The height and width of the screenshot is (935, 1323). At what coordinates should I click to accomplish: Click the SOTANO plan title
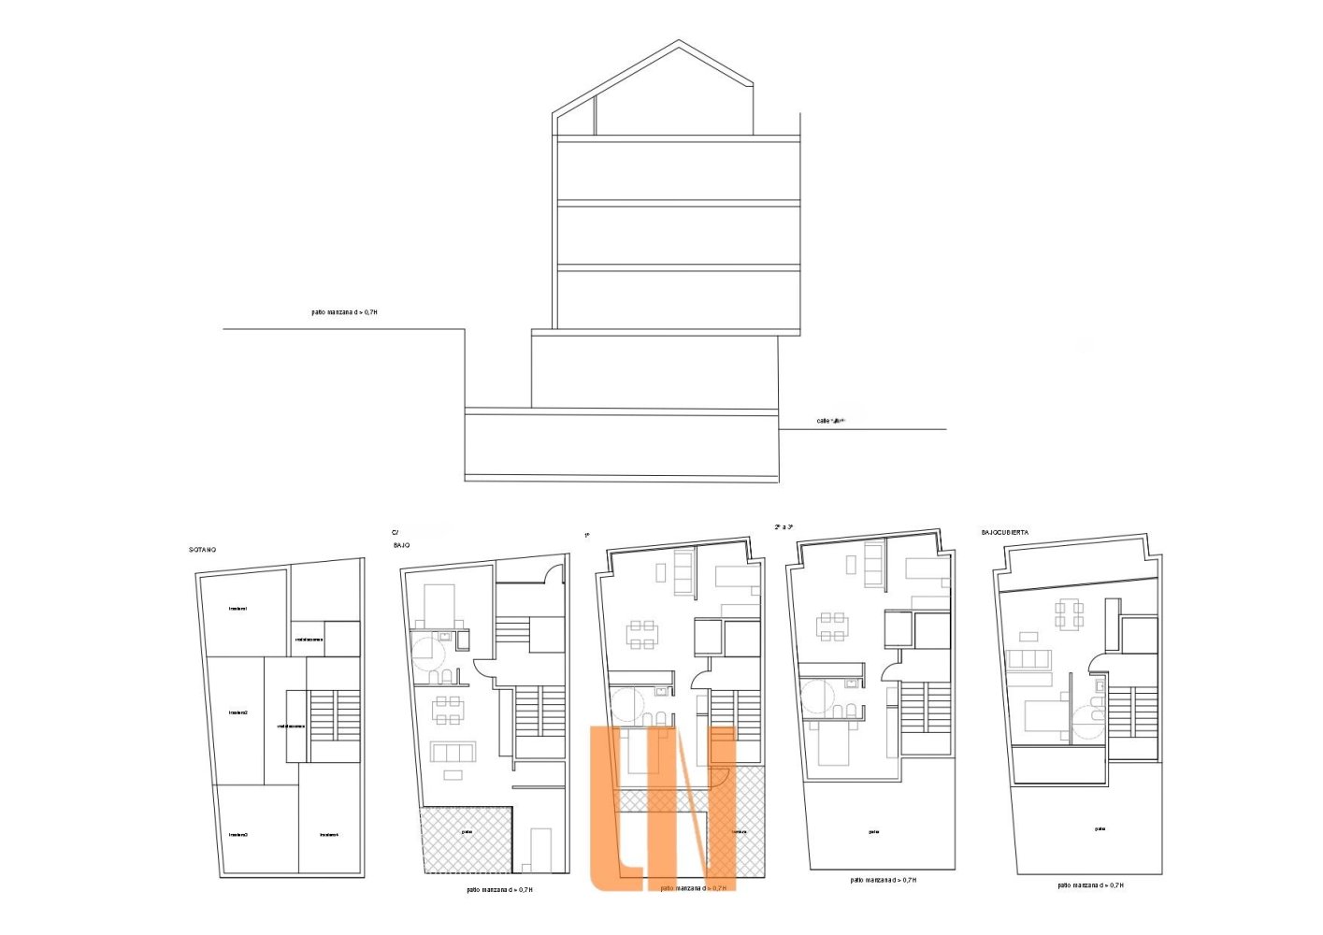click(203, 550)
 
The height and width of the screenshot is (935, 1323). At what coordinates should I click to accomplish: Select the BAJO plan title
click(401, 544)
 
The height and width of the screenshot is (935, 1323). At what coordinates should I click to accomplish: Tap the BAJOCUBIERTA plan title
click(1005, 532)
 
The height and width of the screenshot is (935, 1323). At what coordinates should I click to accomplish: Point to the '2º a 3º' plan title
click(784, 527)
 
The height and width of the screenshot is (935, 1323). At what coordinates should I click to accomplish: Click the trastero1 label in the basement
click(237, 609)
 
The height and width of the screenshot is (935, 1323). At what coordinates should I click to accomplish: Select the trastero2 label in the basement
click(237, 712)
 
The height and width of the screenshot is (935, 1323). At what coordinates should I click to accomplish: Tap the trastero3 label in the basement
click(238, 834)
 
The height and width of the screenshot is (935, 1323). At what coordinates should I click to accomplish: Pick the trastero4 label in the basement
click(328, 834)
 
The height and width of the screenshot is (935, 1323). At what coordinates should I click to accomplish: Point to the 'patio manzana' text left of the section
click(344, 312)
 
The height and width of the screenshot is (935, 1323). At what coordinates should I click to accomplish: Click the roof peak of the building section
click(679, 41)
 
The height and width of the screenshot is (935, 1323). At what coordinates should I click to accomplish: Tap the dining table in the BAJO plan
click(448, 710)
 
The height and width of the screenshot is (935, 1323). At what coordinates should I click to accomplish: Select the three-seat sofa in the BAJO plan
click(453, 752)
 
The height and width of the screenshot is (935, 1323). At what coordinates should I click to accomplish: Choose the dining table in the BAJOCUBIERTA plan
click(1069, 613)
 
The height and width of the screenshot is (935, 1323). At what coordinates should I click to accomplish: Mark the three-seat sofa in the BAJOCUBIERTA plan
click(1029, 660)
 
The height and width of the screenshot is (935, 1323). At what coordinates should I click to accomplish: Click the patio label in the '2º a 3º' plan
click(873, 831)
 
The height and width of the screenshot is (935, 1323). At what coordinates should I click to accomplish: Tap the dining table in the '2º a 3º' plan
click(832, 626)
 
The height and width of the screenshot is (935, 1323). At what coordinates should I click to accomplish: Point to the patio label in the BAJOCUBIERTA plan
click(1100, 828)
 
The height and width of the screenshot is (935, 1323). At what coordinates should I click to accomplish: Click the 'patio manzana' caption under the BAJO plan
click(499, 889)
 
